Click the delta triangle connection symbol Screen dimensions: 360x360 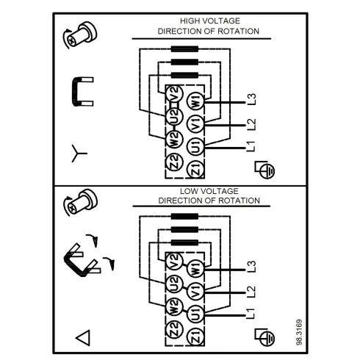83,337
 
